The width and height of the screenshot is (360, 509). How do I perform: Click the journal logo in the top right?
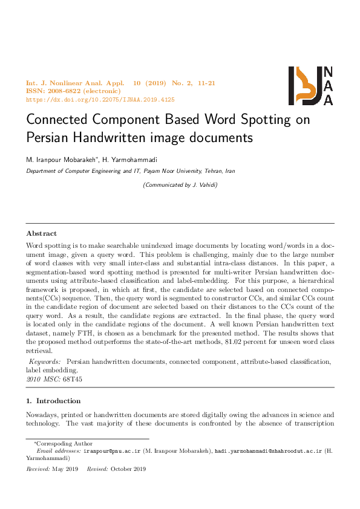click(x=310, y=85)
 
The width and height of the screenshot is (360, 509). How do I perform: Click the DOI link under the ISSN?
click(x=100, y=100)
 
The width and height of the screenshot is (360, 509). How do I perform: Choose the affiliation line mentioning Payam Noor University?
click(x=130, y=171)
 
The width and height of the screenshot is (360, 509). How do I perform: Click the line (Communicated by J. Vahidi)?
click(x=180, y=185)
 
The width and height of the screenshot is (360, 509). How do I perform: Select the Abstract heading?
click(x=42, y=233)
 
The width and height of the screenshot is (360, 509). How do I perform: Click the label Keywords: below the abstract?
click(x=45, y=361)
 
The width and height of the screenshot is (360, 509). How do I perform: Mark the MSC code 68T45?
click(x=72, y=378)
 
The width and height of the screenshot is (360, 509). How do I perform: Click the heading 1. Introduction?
click(x=53, y=401)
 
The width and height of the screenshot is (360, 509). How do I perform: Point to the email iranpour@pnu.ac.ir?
click(x=112, y=451)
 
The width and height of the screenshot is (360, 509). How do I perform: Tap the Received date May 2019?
click(x=66, y=469)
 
